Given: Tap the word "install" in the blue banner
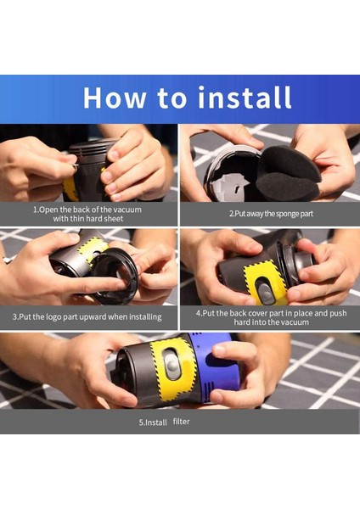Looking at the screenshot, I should (245, 98).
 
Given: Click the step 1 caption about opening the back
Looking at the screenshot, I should (87, 214).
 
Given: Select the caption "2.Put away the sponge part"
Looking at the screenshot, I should (269, 214).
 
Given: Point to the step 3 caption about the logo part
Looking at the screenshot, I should (87, 316).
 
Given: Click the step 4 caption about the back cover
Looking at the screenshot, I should (269, 317).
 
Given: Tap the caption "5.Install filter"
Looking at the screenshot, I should (180, 422).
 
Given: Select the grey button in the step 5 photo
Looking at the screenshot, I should (172, 366).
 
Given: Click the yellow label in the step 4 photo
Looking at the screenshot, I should (265, 281).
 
